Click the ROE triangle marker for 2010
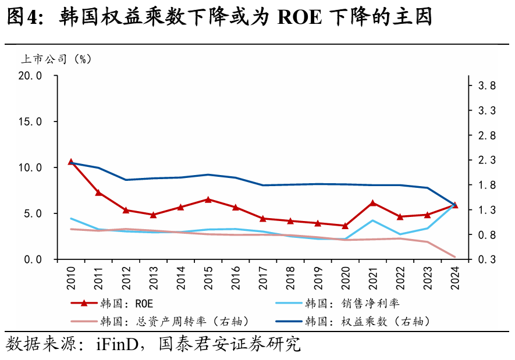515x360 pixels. (x=71, y=162)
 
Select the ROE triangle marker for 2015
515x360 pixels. (x=208, y=199)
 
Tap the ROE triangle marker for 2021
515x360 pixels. (x=373, y=203)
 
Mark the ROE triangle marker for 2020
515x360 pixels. (x=345, y=226)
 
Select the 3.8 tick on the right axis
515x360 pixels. (x=486, y=85)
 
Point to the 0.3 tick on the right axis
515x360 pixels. (x=486, y=259)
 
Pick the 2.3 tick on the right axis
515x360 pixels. (x=486, y=160)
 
